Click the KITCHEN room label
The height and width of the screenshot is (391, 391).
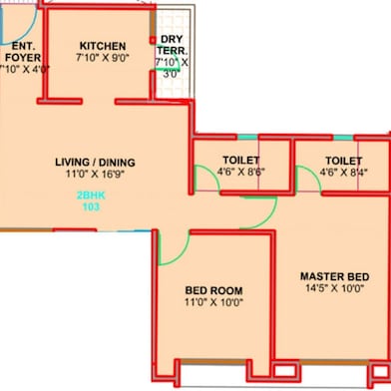click(103, 46)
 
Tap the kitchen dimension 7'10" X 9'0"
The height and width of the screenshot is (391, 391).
click(103, 59)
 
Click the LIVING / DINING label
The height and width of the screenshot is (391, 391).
click(95, 163)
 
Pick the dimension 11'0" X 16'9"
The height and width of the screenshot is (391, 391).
click(95, 176)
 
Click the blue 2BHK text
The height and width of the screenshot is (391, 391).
click(90, 197)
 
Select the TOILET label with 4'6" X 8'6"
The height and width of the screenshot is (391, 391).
click(241, 160)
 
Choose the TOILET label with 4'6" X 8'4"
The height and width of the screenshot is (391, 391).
click(343, 160)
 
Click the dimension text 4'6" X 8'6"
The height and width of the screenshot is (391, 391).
click(241, 173)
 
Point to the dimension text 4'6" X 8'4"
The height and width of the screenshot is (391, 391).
click(343, 173)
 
